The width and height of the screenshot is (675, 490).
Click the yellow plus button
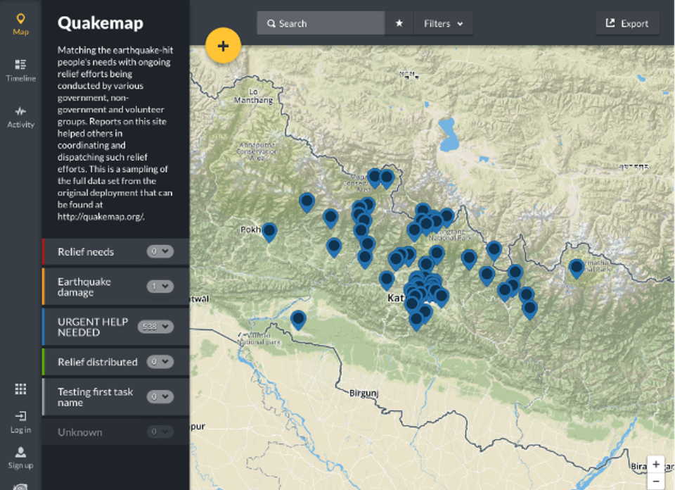(x=223, y=46)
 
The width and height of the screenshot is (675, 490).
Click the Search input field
(x=323, y=23)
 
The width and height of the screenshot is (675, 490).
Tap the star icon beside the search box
(x=399, y=23)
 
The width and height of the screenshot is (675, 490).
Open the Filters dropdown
(x=443, y=23)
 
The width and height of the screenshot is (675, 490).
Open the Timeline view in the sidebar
(x=20, y=70)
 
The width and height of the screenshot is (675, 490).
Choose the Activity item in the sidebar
(x=20, y=116)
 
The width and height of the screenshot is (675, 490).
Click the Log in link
(x=20, y=422)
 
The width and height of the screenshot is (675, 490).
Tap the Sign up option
(x=20, y=457)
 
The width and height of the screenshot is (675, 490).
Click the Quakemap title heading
(x=100, y=23)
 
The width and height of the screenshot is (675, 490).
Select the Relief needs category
(x=86, y=251)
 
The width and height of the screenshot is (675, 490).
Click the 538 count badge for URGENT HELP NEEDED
(x=156, y=327)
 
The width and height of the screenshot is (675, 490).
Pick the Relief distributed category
(x=97, y=362)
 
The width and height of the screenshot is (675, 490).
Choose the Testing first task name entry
(x=95, y=397)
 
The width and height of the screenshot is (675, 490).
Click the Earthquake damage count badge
(x=160, y=287)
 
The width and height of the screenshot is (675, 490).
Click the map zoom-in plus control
(x=656, y=465)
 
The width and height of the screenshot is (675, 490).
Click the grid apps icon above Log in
(x=20, y=389)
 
